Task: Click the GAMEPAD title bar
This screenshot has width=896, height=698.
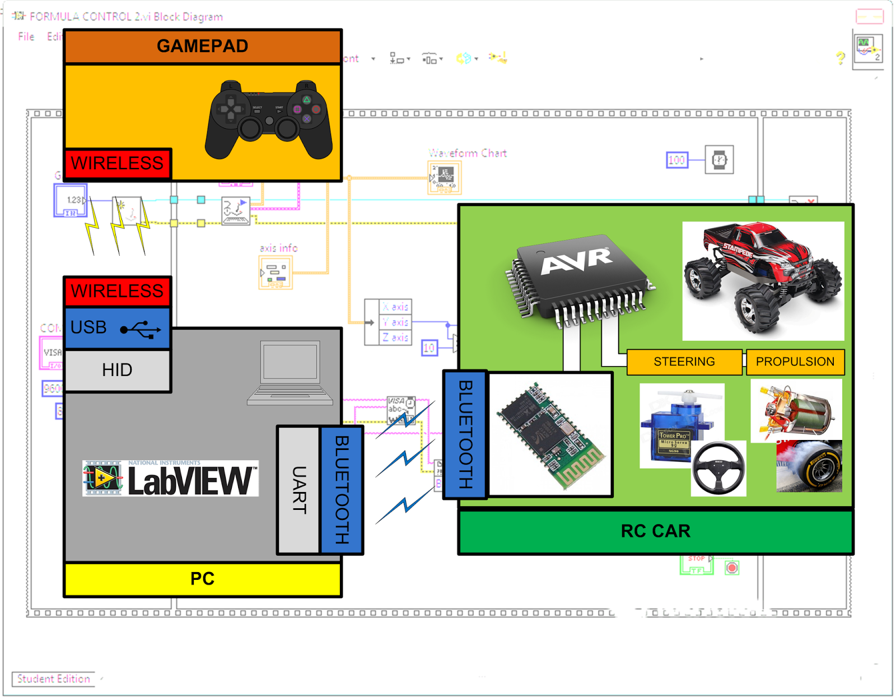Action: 202,46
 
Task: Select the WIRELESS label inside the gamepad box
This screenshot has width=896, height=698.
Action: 117,163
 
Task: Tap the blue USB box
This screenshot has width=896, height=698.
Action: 117,328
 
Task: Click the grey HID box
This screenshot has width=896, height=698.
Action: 117,370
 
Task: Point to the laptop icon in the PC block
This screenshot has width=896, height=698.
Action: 290,372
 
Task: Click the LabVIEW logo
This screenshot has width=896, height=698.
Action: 171,479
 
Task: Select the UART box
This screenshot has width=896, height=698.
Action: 298,490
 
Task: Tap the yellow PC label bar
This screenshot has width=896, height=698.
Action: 202,579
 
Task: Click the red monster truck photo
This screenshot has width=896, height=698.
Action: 763,280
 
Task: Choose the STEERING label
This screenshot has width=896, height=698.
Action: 684,362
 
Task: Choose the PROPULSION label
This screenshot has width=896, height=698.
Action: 795,362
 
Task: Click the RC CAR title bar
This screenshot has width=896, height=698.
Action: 655,531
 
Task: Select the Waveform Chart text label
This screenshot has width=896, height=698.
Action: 468,153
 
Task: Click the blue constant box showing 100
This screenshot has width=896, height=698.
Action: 676,160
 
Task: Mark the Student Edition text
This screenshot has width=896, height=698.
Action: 53,678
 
